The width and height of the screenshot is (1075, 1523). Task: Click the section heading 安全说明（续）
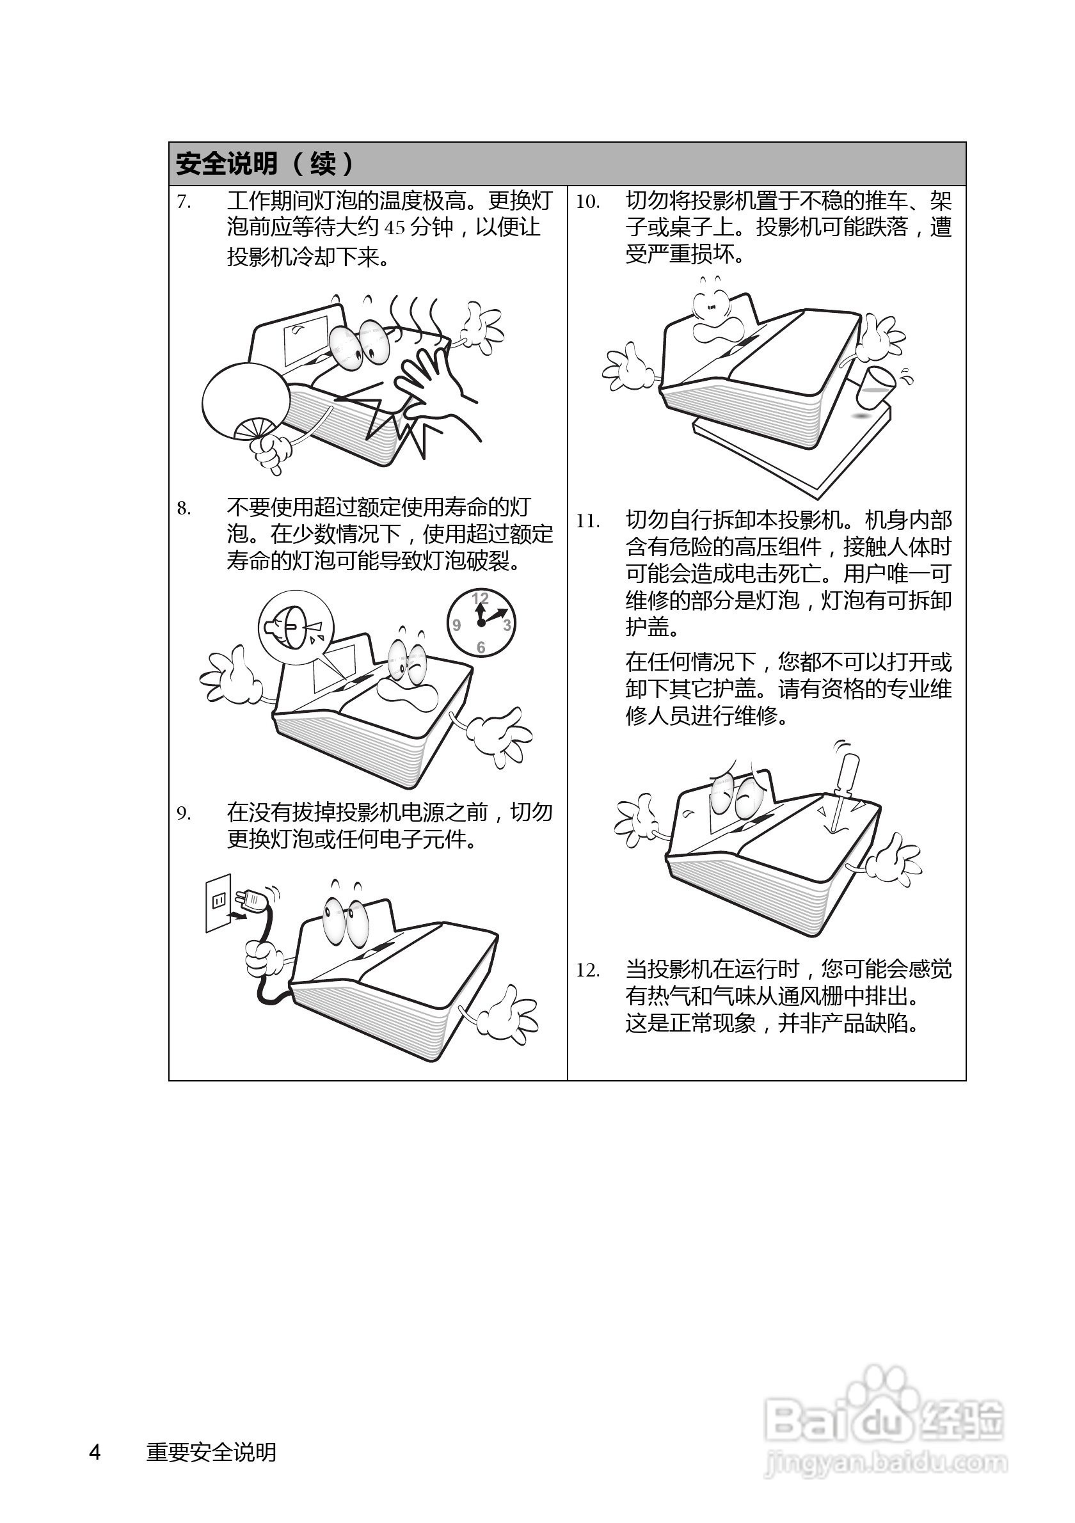265,164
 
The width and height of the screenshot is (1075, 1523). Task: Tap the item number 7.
184,202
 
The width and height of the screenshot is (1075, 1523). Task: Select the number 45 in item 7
395,228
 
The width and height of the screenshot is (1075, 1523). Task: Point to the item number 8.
184,509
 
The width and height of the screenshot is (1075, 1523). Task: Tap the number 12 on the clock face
480,598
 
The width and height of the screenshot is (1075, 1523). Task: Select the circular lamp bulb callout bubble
296,627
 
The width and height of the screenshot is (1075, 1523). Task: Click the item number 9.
184,813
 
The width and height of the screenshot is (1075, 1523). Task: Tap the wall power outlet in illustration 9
218,902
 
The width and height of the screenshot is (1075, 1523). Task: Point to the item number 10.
587,202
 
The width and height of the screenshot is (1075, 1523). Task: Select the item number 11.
587,522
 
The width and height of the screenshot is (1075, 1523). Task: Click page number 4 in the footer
95,1452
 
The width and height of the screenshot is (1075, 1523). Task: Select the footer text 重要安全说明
211,1452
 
